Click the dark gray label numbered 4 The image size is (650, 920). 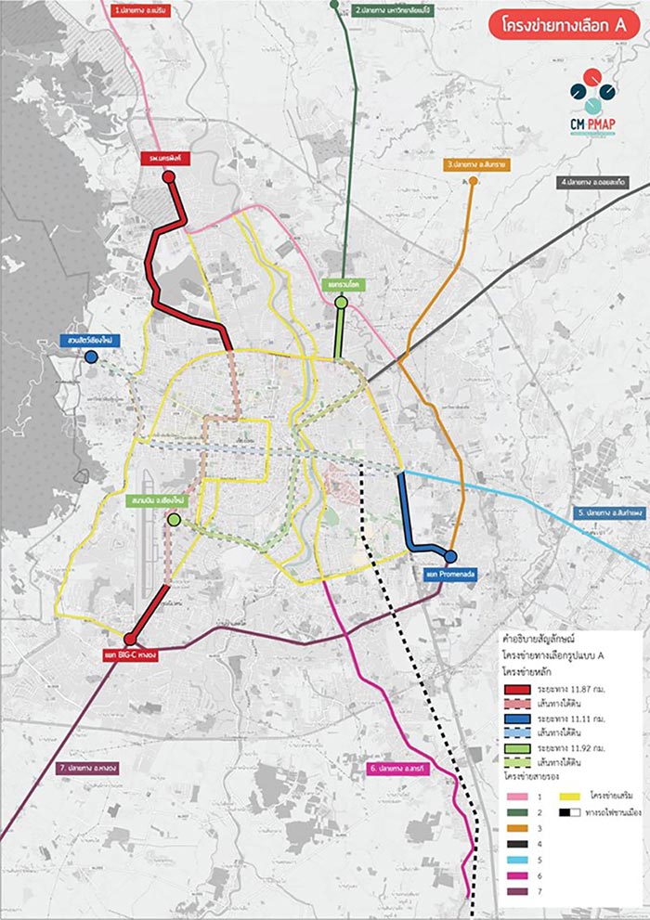(598, 183)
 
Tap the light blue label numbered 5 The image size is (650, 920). (609, 512)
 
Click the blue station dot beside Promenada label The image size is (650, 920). (450, 556)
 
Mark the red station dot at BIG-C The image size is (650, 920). (131, 639)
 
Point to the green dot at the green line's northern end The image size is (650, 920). (341, 302)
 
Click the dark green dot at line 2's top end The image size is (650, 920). (334, 5)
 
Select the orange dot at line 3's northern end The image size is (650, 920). (473, 181)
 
